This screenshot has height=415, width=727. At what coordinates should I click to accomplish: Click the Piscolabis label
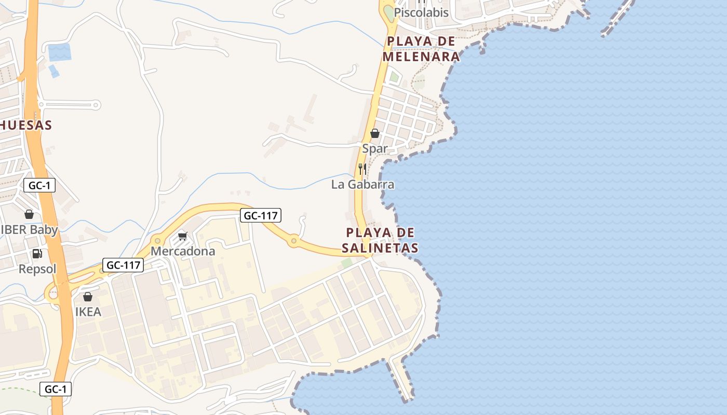pyautogui.click(x=421, y=13)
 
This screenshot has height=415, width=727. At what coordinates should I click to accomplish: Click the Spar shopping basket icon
pyautogui.click(x=374, y=133)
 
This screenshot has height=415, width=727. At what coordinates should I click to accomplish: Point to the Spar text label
pyautogui.click(x=375, y=149)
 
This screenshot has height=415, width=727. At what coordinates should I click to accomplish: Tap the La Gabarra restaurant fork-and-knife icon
pyautogui.click(x=362, y=169)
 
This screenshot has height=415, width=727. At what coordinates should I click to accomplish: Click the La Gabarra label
pyautogui.click(x=363, y=185)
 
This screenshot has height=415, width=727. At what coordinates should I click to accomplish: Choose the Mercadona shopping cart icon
pyautogui.click(x=182, y=236)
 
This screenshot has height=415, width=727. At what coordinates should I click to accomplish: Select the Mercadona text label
pyautogui.click(x=183, y=252)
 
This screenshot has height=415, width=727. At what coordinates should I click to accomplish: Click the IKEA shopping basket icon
pyautogui.click(x=88, y=297)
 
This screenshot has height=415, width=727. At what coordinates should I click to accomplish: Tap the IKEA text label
pyautogui.click(x=88, y=312)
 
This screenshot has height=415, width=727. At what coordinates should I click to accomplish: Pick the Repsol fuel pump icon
pyautogui.click(x=37, y=254)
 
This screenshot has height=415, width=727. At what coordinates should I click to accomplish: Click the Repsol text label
pyautogui.click(x=37, y=269)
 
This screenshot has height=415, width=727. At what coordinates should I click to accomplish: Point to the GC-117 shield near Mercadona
pyautogui.click(x=123, y=265)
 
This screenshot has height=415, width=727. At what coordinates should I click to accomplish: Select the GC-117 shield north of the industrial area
pyautogui.click(x=260, y=215)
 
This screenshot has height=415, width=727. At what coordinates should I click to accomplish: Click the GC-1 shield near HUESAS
pyautogui.click(x=39, y=185)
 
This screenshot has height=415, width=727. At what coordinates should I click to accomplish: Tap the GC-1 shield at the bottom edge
pyautogui.click(x=56, y=389)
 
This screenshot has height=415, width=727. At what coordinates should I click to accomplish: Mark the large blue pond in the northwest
pyautogui.click(x=59, y=52)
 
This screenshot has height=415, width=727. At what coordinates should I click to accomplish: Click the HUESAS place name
pyautogui.click(x=26, y=125)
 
